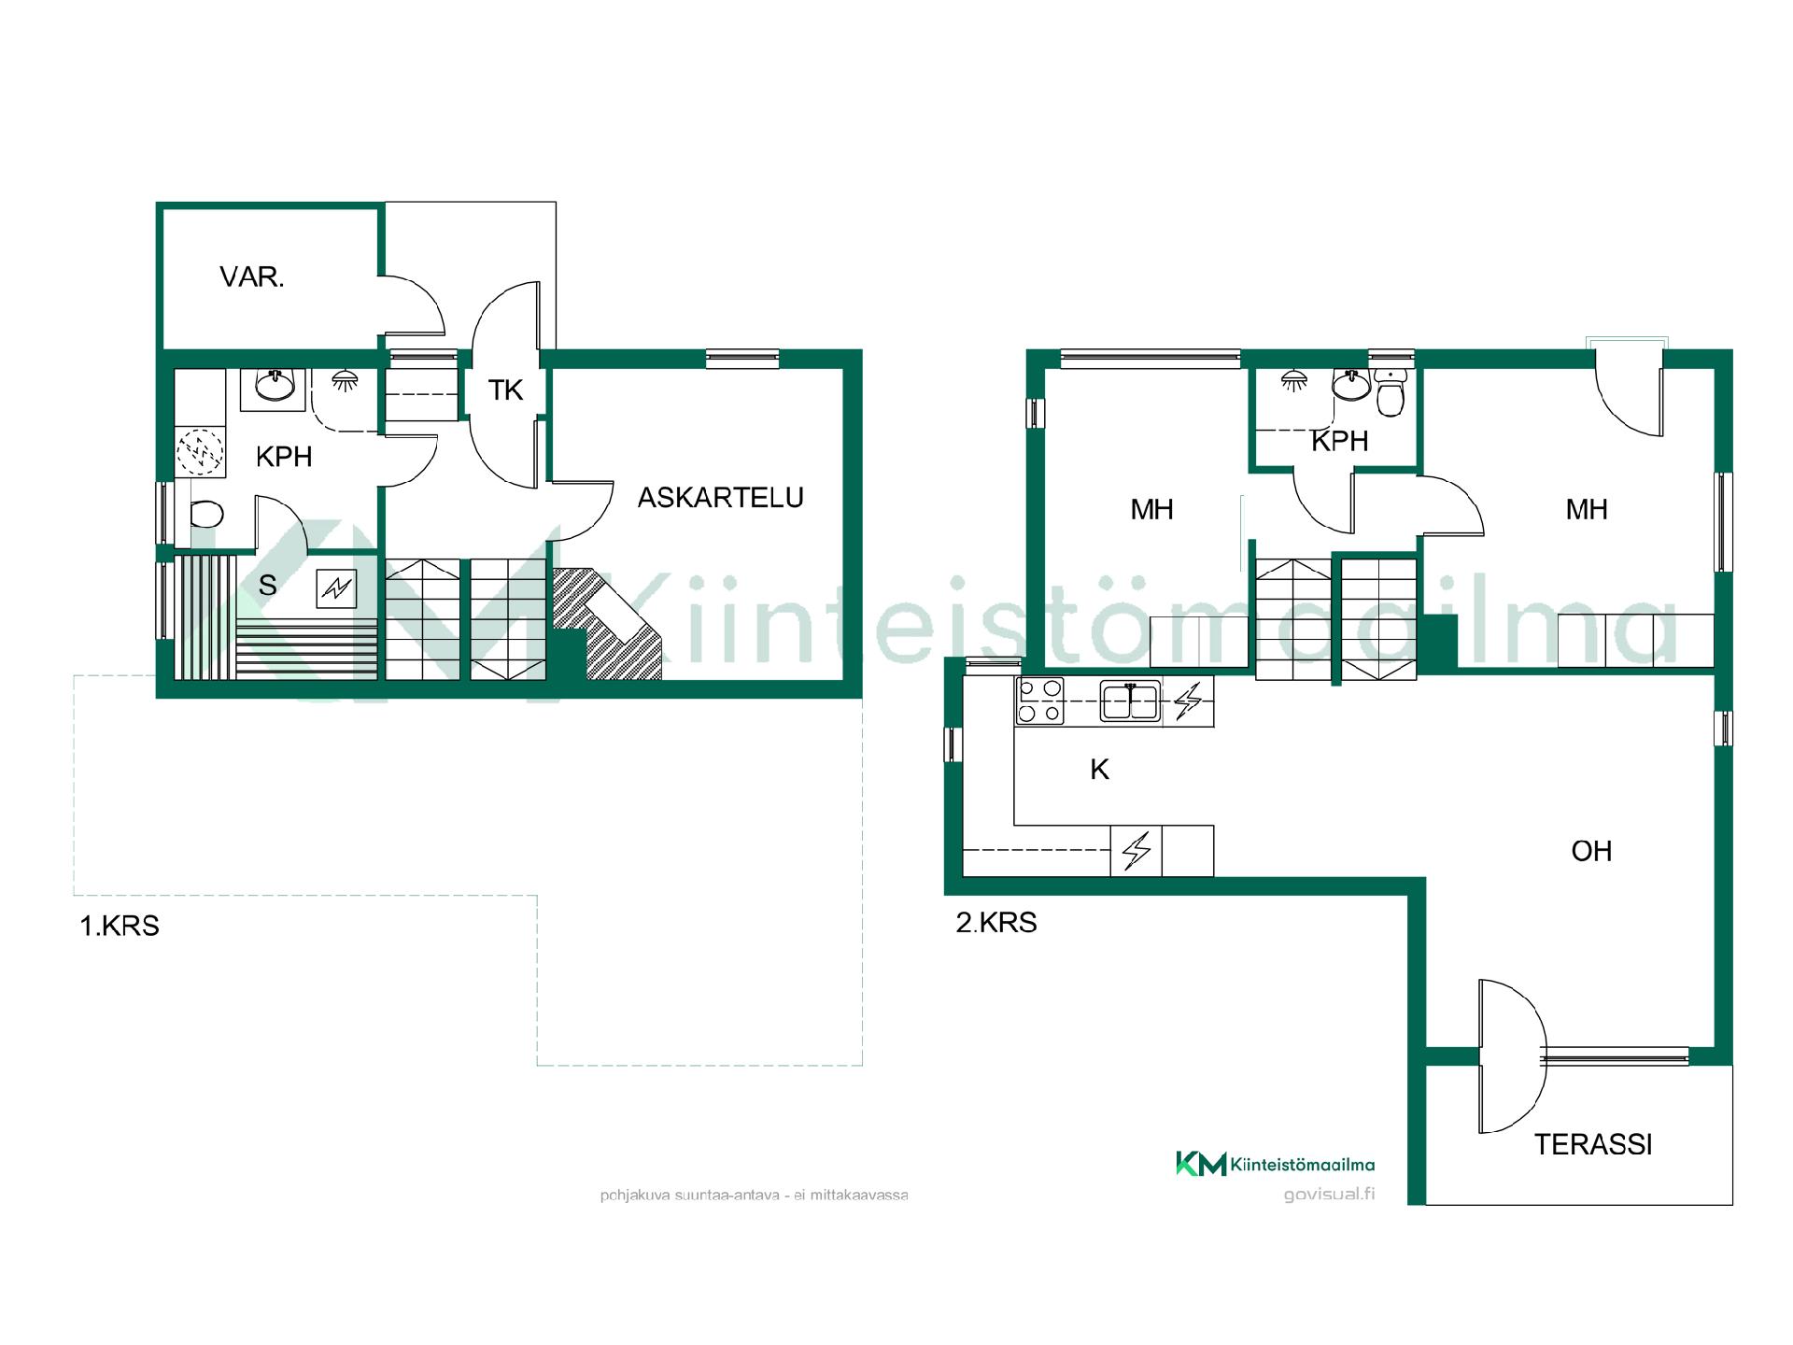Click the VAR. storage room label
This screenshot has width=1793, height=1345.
tap(252, 277)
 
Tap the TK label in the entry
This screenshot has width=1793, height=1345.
tap(506, 390)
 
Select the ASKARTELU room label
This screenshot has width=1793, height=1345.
tap(721, 498)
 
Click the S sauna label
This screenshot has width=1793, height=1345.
tap(268, 586)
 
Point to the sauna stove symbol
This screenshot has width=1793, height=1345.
tap(336, 588)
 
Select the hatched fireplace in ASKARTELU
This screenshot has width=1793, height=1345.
tap(607, 624)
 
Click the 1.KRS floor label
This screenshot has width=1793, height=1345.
tap(120, 927)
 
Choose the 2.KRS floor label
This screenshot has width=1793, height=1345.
tap(996, 923)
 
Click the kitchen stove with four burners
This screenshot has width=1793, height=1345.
tap(1040, 701)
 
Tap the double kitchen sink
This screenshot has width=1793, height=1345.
tap(1130, 701)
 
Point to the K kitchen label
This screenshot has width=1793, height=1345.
tap(1100, 770)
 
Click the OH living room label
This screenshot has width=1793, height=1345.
tap(1592, 851)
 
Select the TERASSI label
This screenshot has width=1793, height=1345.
tap(1593, 1144)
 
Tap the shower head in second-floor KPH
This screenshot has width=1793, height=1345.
tap(1293, 379)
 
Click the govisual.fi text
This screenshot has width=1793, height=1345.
tap(1330, 1194)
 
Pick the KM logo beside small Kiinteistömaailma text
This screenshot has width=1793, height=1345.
tap(1201, 1164)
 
